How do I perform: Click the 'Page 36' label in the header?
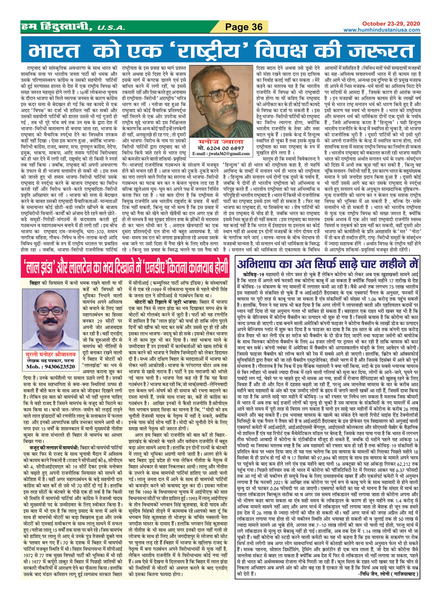pyautogui.click(x=244, y=27)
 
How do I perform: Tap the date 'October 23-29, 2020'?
pyautogui.click(x=391, y=24)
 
